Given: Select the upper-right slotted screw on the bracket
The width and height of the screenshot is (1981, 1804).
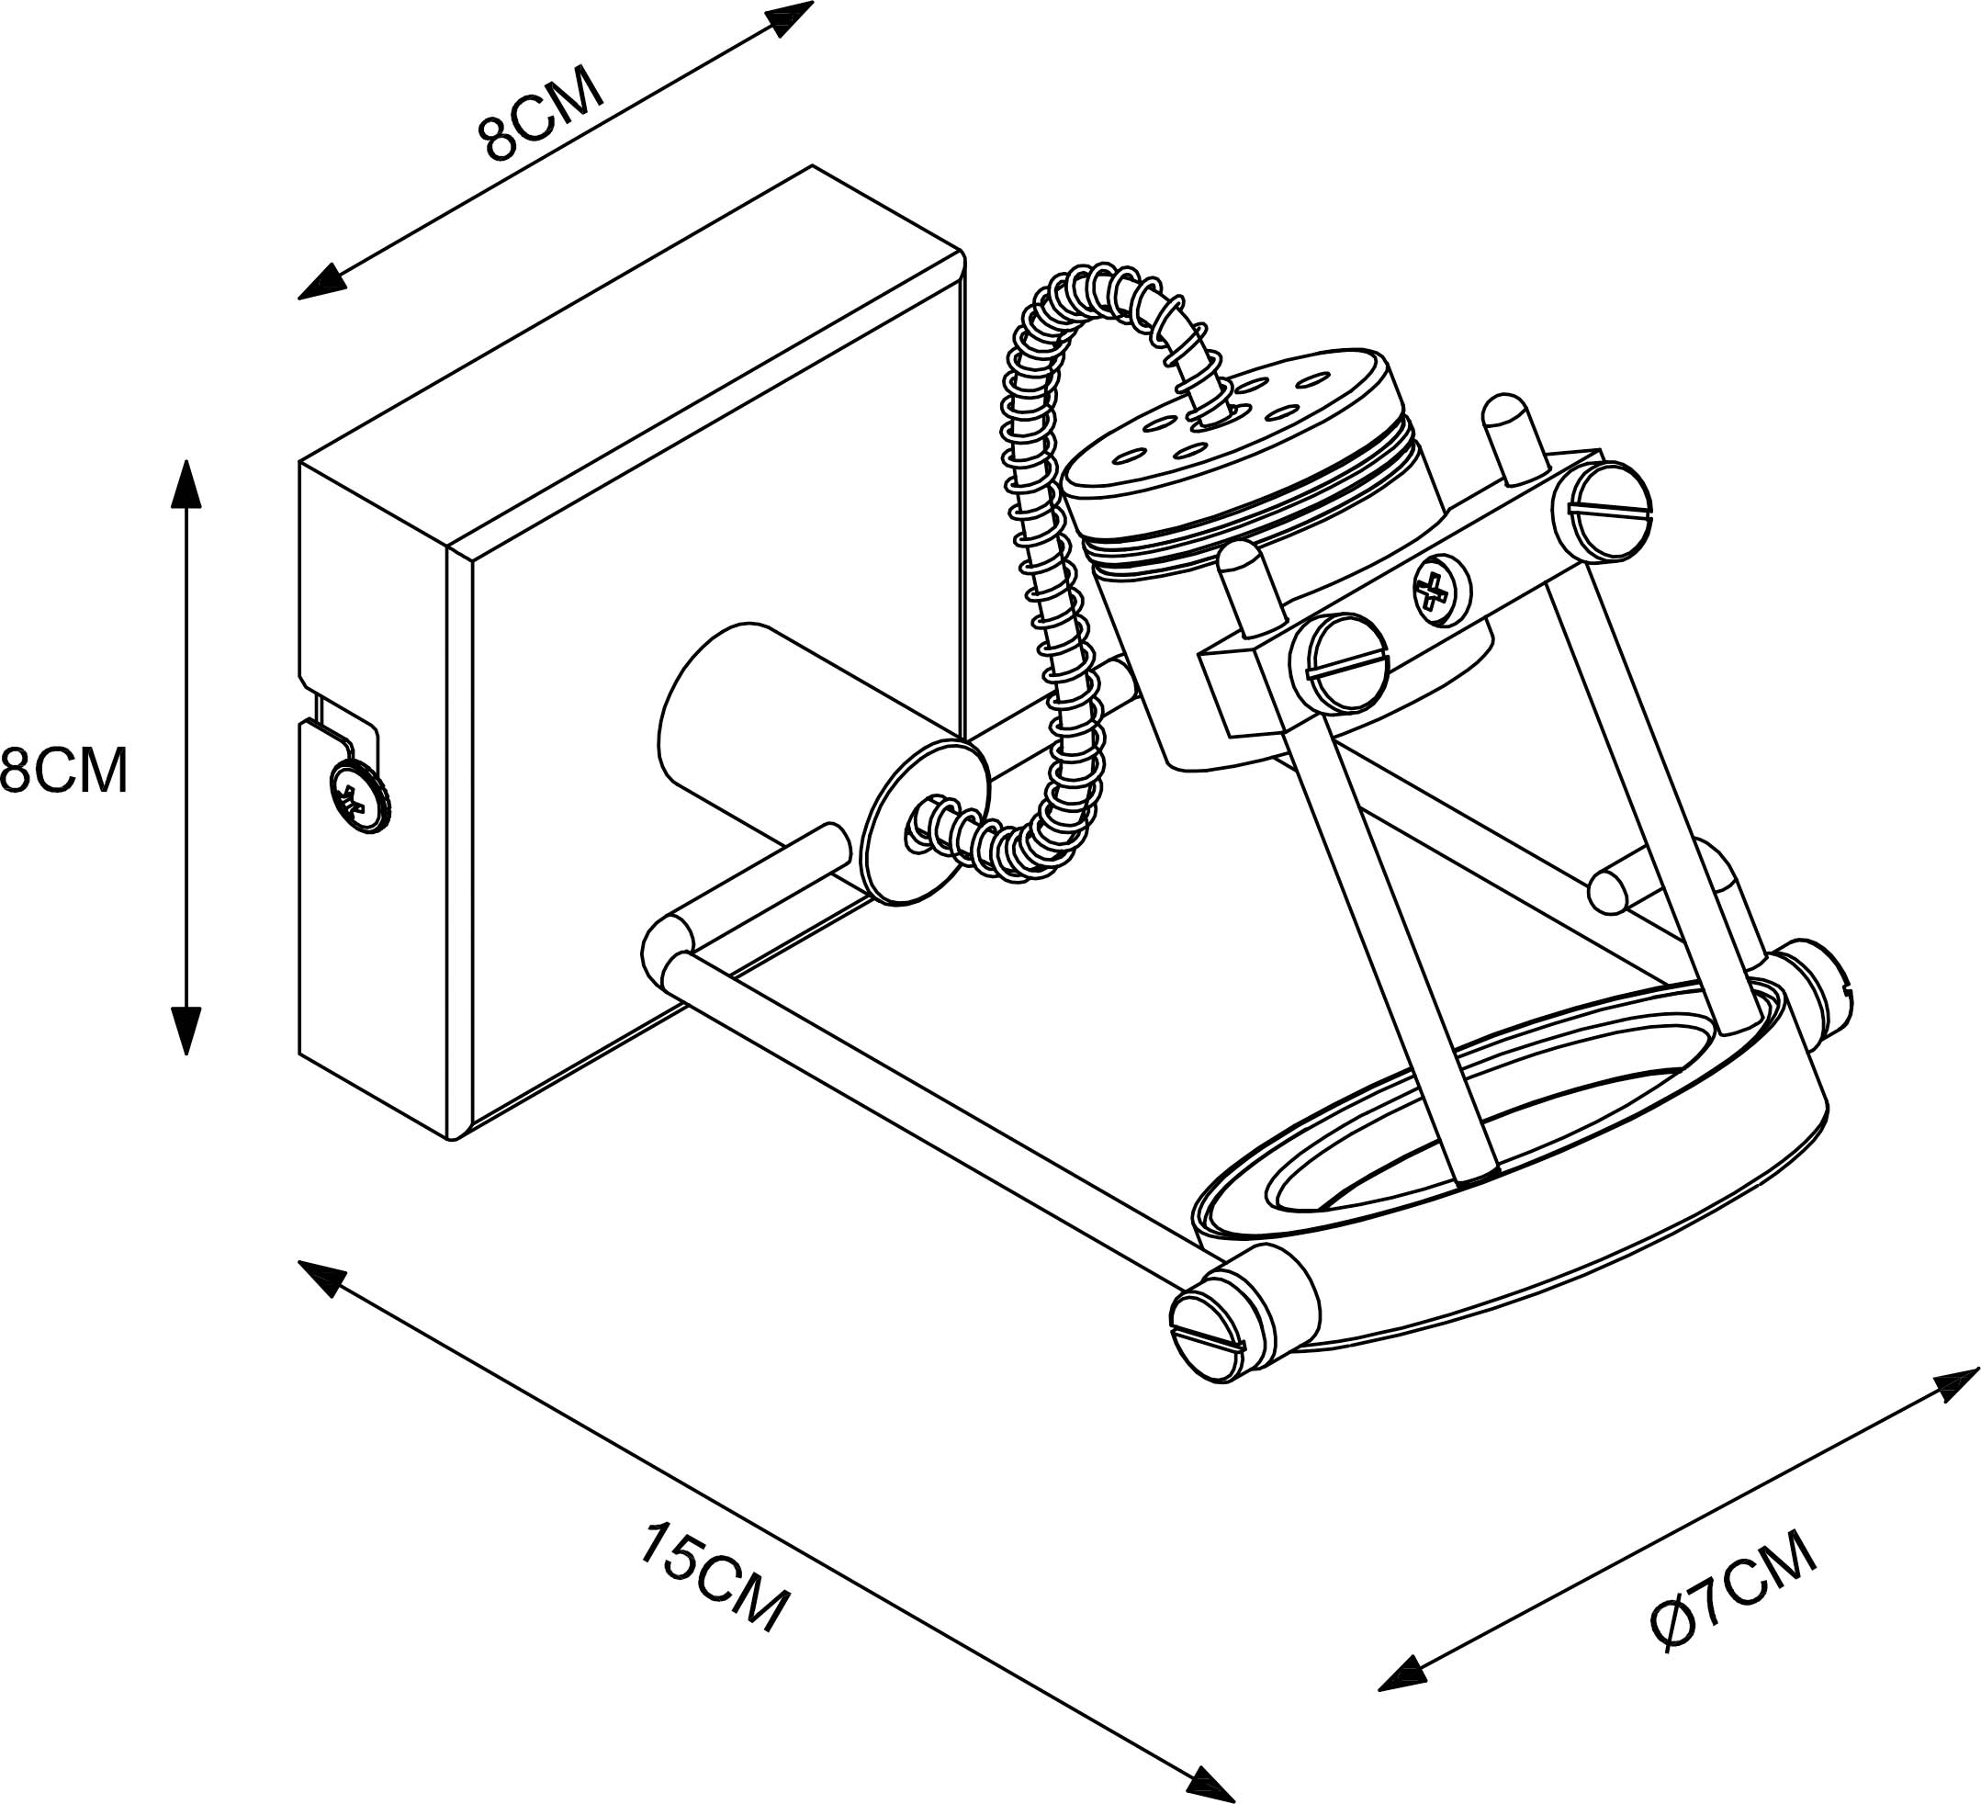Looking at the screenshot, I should coord(1610,511).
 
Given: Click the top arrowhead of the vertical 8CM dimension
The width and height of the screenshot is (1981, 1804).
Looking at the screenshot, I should coord(186,481).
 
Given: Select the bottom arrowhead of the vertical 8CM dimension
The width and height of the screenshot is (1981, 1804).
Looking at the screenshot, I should coord(186,1031).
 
